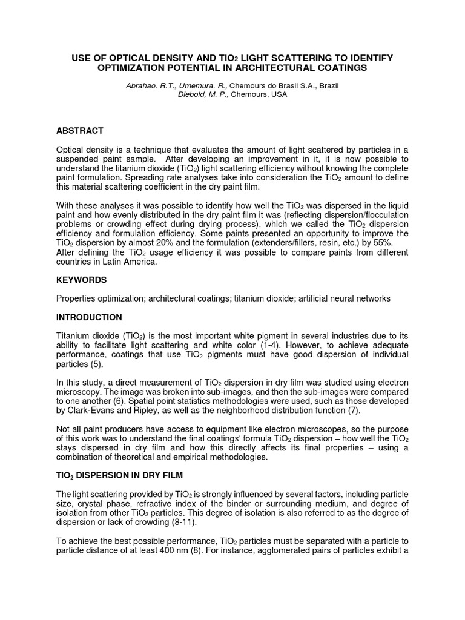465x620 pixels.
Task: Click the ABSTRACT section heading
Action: (x=79, y=131)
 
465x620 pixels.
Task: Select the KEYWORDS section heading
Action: (x=81, y=280)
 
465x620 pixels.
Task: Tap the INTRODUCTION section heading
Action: (x=89, y=317)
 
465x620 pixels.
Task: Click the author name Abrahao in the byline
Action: (x=140, y=86)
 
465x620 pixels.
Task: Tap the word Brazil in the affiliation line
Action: (x=328, y=86)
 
